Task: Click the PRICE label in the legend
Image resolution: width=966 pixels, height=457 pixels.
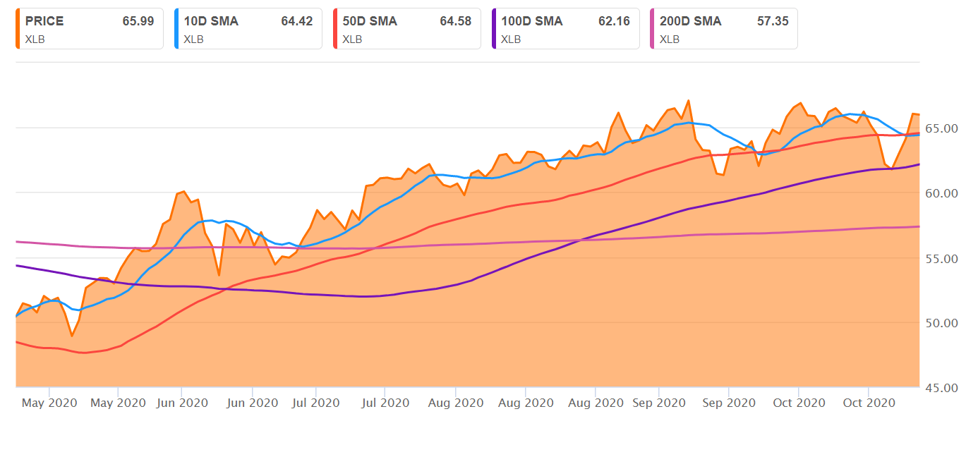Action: (x=44, y=21)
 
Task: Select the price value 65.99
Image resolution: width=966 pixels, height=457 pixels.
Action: (x=138, y=21)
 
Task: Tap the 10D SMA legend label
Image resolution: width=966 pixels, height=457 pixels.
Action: (x=211, y=21)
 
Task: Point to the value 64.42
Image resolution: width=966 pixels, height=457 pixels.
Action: (x=296, y=21)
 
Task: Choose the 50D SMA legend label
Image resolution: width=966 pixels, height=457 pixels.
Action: (x=370, y=21)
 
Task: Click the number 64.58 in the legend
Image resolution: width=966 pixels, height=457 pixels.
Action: (x=455, y=21)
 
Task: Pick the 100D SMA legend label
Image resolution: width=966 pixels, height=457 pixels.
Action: (x=532, y=21)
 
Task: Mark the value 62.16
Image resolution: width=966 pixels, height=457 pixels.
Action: (x=614, y=21)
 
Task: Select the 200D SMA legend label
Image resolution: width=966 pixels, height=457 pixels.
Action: (x=691, y=21)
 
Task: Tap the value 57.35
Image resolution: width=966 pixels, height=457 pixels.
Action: (x=773, y=21)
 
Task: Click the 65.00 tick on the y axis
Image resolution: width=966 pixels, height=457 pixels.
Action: (x=942, y=128)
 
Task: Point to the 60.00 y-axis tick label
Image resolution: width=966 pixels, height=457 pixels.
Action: (x=942, y=193)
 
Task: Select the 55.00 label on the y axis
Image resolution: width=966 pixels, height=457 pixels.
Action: (x=942, y=258)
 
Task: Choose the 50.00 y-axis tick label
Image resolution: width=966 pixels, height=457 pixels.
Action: (x=942, y=323)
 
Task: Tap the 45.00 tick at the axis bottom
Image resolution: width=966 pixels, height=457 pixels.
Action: (x=942, y=388)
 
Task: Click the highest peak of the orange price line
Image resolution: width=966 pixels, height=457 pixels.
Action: (x=688, y=100)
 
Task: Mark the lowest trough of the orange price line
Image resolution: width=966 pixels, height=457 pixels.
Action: (x=71, y=336)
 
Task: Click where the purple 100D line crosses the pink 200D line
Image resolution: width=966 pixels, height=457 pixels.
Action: (x=577, y=240)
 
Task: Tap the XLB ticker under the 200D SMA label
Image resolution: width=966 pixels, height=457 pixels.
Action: (x=670, y=39)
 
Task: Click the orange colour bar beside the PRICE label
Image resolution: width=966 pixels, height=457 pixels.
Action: (x=17, y=29)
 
